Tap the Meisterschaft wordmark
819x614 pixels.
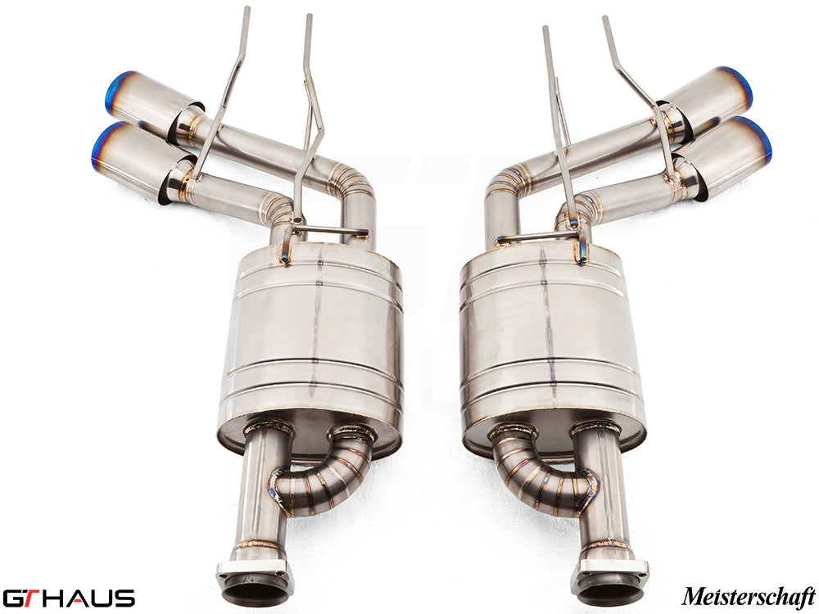(748, 595)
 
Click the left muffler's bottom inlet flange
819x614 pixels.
(255, 578)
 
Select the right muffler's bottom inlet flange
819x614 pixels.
(610, 578)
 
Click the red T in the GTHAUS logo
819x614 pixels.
(29, 597)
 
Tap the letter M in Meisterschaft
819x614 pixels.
(690, 595)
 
